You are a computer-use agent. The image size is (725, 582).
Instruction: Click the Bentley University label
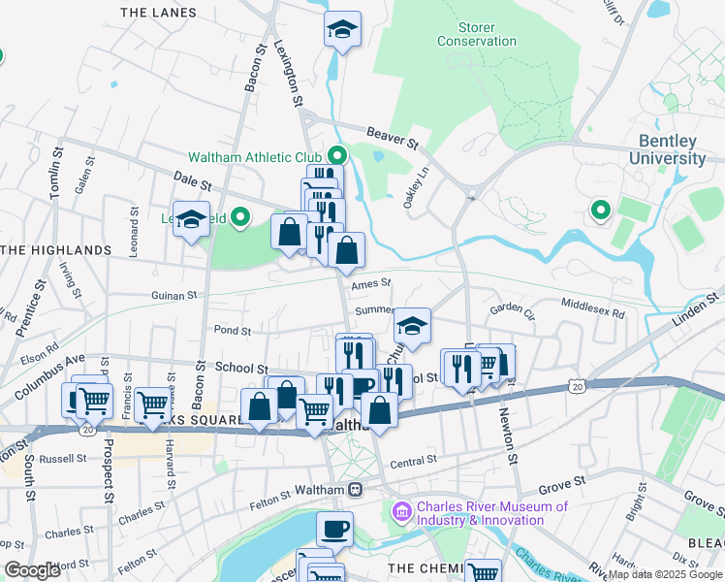point(667,149)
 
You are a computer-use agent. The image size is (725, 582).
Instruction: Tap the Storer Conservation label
point(477,33)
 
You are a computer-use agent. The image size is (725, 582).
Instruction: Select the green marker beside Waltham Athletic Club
point(337,155)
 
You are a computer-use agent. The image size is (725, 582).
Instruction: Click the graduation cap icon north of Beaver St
point(342,30)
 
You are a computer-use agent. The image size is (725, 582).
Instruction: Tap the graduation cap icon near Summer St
point(412,327)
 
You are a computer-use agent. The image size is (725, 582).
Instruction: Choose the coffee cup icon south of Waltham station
point(335,529)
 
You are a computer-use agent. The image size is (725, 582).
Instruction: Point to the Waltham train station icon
point(356,490)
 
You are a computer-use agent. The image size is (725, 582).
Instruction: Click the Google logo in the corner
point(31,570)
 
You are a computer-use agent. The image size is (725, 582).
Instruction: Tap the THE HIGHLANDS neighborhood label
point(56,250)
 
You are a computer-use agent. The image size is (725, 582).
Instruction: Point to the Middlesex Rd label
point(592,305)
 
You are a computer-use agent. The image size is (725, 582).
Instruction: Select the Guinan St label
point(173,295)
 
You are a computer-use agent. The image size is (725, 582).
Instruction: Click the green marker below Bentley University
point(600,210)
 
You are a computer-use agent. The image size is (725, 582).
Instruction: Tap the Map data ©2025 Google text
point(665,574)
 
